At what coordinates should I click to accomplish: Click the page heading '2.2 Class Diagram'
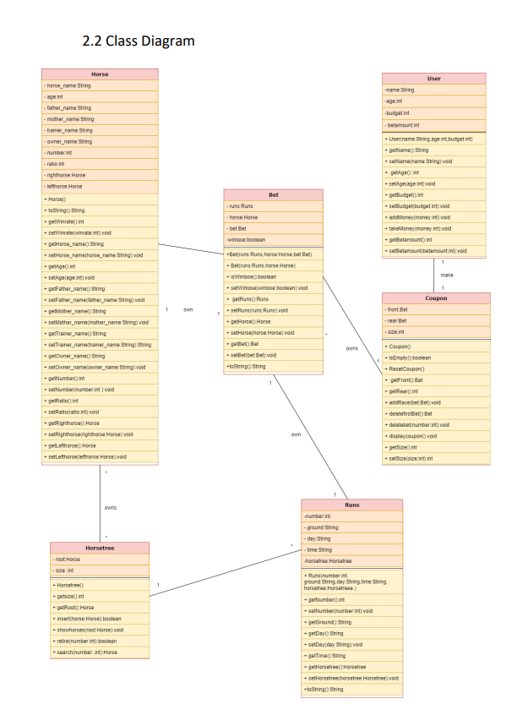coord(139,41)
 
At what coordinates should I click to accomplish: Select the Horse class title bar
coord(100,74)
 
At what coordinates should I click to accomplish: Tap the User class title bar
coord(434,79)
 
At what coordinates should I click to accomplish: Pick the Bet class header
coord(273,194)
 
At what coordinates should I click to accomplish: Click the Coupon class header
coord(435,298)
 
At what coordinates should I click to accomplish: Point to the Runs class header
coord(351,505)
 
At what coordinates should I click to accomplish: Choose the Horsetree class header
coord(100,548)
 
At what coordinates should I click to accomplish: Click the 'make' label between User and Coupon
coord(447,276)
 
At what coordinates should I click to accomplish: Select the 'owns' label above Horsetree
coord(111,507)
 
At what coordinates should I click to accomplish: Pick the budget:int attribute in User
coord(398,112)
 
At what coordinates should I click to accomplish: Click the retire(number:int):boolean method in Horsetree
coord(87,641)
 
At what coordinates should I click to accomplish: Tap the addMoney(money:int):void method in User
coord(419,216)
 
